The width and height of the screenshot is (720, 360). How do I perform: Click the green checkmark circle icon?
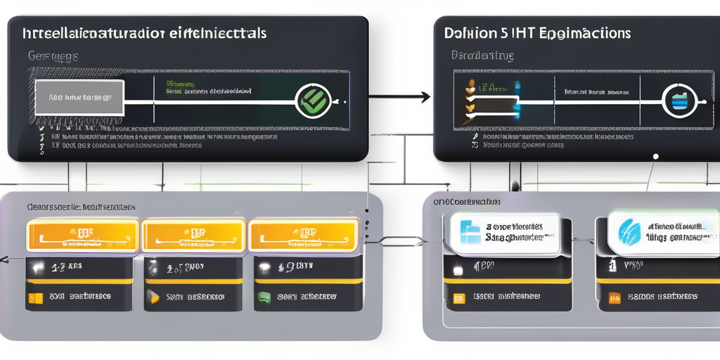(x=311, y=100)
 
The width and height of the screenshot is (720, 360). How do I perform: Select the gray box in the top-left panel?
(x=77, y=98)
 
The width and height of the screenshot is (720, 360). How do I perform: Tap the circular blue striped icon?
(x=679, y=102)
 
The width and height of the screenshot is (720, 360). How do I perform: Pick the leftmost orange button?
(x=82, y=236)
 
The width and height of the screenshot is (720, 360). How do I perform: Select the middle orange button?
(x=193, y=236)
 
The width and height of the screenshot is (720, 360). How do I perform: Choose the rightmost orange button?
(x=302, y=236)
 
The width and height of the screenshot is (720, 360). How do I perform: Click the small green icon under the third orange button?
(x=264, y=297)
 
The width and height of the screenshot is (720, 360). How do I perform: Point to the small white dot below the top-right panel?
(x=655, y=156)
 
